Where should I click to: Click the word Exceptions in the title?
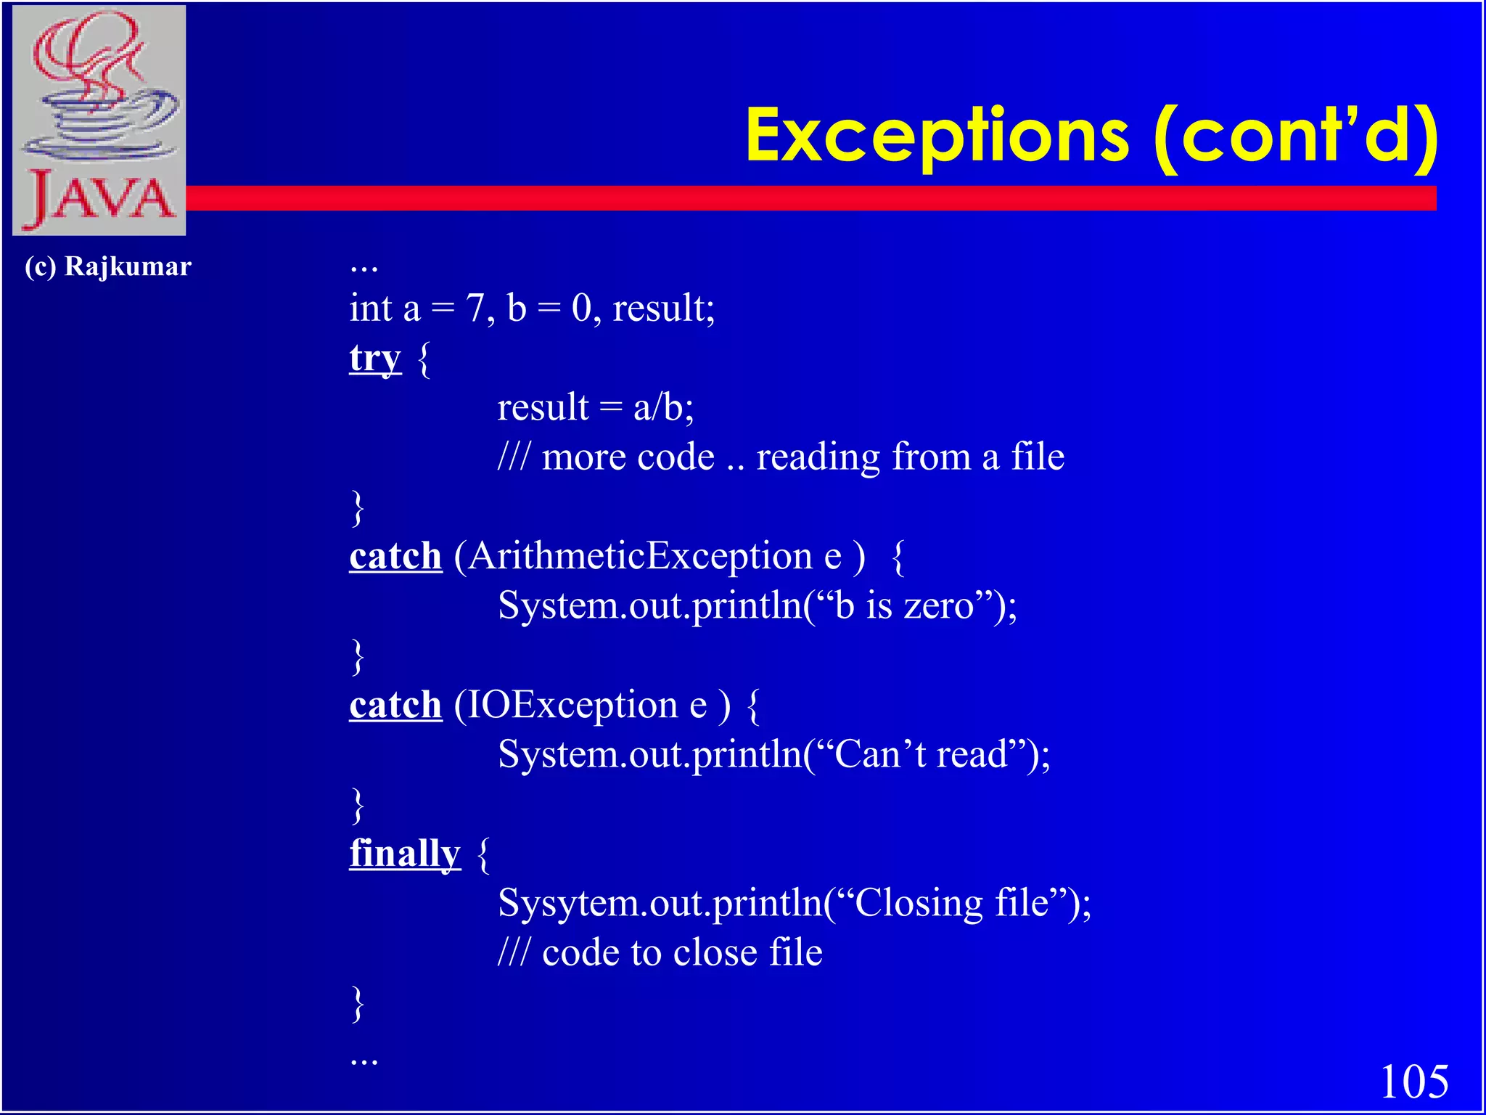tap(936, 136)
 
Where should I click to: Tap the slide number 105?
tap(1413, 1082)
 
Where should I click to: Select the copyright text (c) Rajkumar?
tap(107, 266)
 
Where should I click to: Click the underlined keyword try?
tap(374, 358)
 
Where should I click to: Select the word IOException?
tap(572, 705)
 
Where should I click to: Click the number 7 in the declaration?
tap(475, 308)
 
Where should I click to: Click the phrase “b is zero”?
tap(903, 605)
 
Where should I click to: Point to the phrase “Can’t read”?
tap(921, 754)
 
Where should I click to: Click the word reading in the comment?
tap(818, 457)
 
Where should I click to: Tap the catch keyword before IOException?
tap(395, 705)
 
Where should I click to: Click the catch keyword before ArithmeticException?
tap(395, 557)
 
